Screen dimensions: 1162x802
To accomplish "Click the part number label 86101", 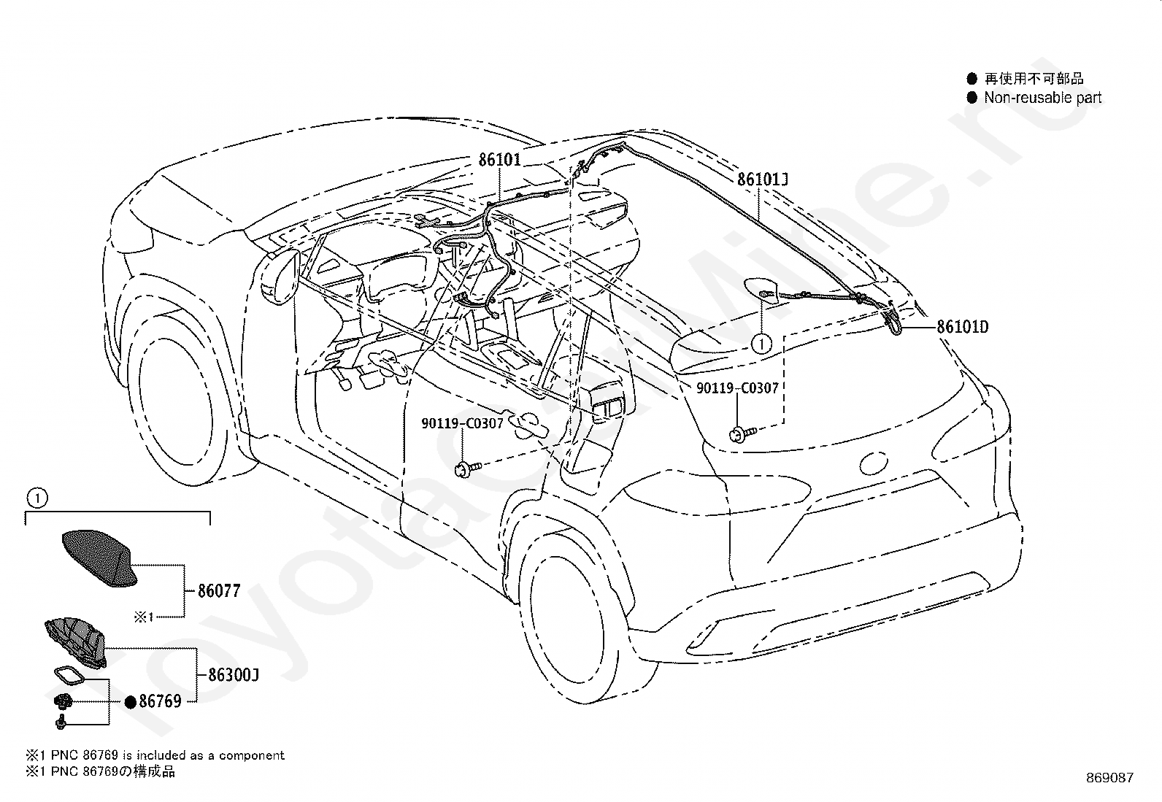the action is pos(499,160).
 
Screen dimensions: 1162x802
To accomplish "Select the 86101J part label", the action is pos(763,180).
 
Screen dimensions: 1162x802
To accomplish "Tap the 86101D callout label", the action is pos(963,327).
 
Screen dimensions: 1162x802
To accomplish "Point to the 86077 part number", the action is pos(220,591).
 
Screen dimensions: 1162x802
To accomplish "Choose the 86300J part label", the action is pos(234,675).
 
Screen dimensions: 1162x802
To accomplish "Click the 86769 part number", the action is pos(161,701).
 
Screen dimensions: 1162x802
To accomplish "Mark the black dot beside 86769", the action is pos(130,703).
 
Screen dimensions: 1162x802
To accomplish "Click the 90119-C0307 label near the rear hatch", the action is pos(737,388).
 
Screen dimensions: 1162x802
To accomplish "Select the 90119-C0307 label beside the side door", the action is pos(462,423).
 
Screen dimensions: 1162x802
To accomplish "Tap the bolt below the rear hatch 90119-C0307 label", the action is pos(742,433).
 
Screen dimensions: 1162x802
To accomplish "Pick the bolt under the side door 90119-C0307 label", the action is pos(467,469).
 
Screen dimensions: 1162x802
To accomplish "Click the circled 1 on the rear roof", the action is pos(761,344).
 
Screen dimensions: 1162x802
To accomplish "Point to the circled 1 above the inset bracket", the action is pos(36,498).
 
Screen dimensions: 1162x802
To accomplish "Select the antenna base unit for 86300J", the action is pos(76,641).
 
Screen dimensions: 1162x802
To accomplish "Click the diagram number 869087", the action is pos(1109,778).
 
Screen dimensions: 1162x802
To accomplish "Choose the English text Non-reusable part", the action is pos(1043,98).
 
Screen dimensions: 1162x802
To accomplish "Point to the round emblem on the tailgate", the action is pos(874,463).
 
